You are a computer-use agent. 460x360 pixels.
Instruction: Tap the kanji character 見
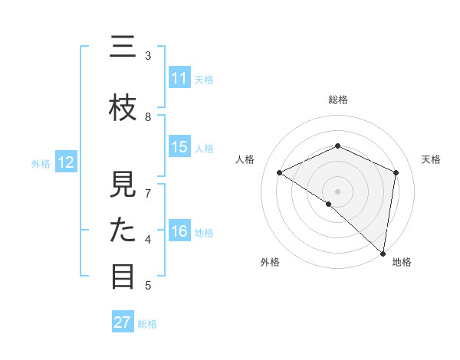[123, 185]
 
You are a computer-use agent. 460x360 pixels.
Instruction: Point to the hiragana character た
[123, 231]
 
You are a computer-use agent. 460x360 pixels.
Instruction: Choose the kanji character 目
[123, 277]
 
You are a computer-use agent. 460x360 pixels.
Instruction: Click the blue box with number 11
[179, 78]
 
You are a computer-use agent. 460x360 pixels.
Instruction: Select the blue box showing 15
[179, 147]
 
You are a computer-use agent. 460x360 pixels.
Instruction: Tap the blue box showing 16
[179, 231]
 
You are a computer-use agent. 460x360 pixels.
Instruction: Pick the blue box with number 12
[65, 162]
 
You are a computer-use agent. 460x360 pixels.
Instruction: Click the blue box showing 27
[123, 322]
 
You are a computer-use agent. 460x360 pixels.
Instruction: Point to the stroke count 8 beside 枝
[148, 117]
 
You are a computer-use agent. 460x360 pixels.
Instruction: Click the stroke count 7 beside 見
[148, 193]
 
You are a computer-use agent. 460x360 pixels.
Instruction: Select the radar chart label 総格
[337, 100]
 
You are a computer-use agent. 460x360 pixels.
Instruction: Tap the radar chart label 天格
[432, 159]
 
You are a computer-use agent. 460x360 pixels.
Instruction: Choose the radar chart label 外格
[270, 263]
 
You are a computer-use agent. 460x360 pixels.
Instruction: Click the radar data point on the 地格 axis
[383, 254]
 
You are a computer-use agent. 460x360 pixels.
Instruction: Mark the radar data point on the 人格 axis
[280, 172]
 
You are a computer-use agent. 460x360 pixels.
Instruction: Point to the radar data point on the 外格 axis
[328, 204]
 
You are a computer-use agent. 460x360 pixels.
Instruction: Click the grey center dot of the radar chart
[337, 191]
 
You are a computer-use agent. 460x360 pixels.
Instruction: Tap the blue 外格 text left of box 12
[40, 163]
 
